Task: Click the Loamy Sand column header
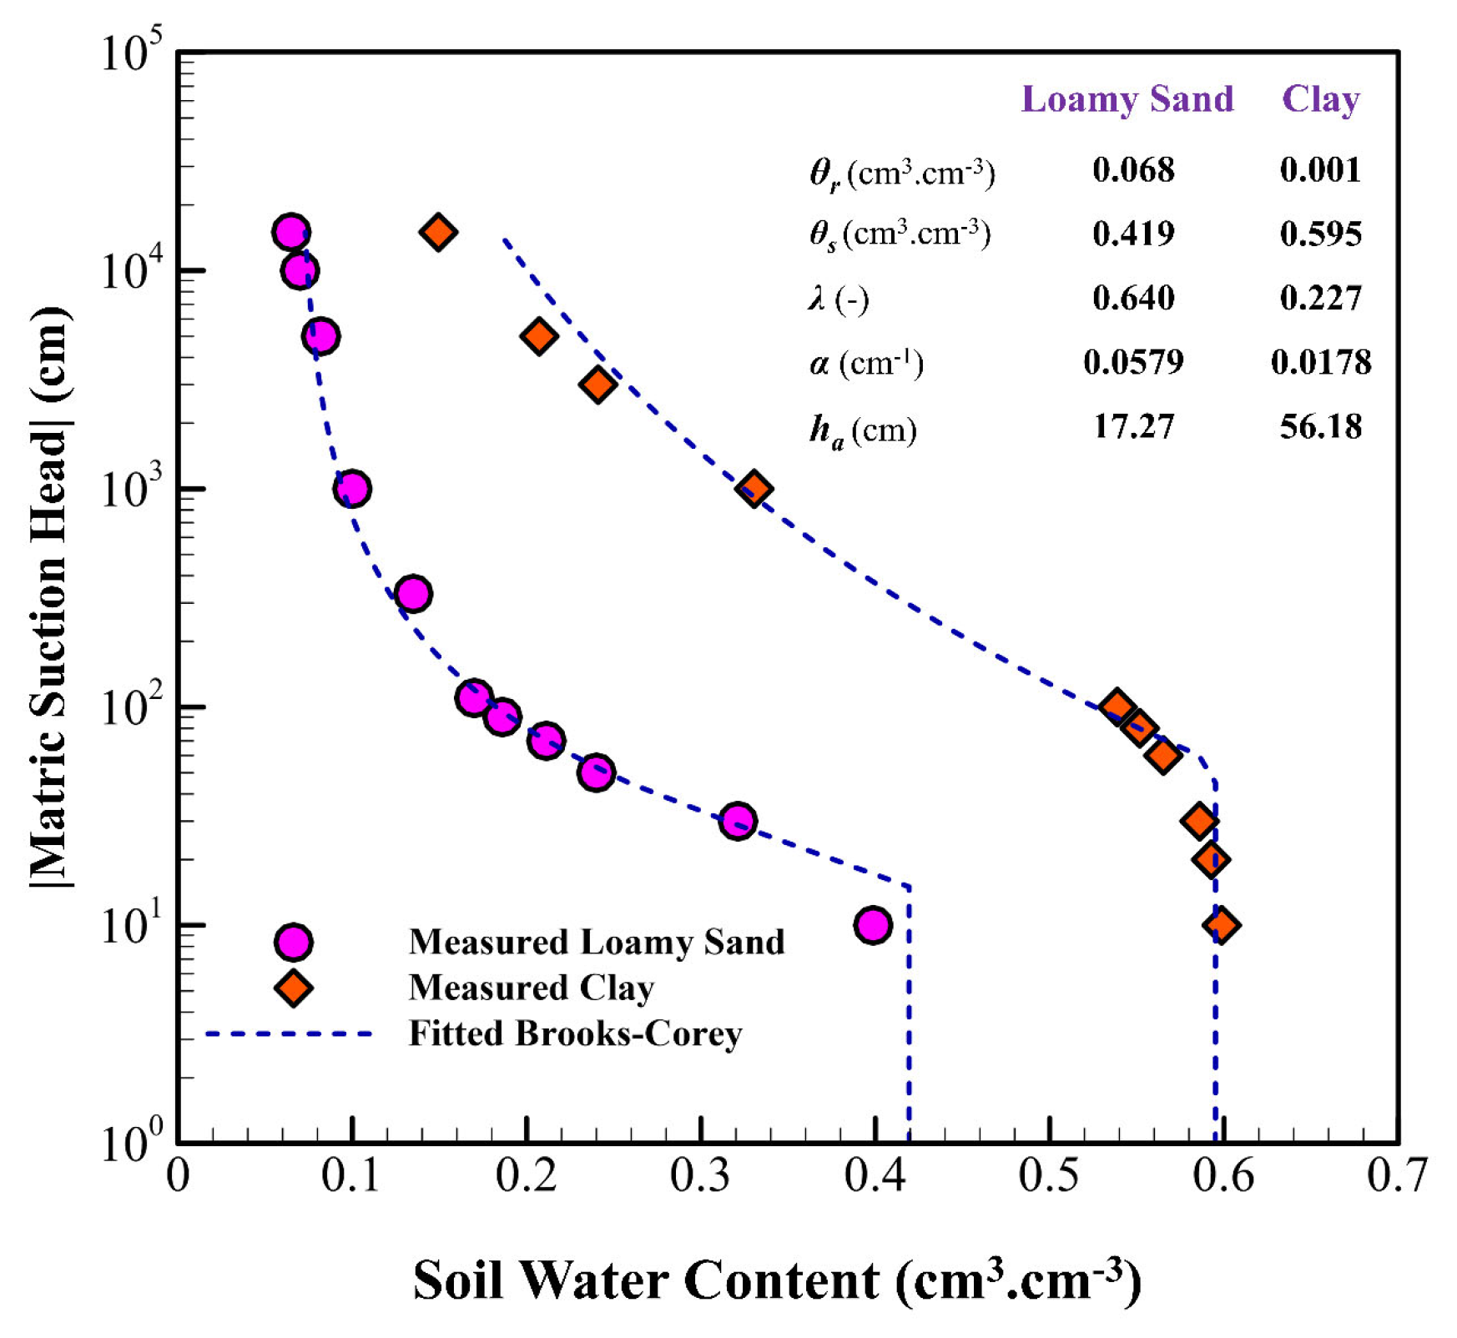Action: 1127,99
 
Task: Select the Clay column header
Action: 1320,99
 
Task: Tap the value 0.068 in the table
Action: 1132,170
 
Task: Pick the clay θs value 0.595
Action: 1320,234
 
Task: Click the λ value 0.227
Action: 1320,298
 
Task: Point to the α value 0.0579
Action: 1132,362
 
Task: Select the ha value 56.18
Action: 1320,427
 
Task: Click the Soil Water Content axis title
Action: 776,1280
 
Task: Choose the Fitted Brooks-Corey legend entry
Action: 574,1034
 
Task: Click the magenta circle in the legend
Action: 293,942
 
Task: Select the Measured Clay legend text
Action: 531,988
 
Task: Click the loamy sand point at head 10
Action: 873,925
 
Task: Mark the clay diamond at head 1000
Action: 754,489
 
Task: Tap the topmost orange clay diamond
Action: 438,231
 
